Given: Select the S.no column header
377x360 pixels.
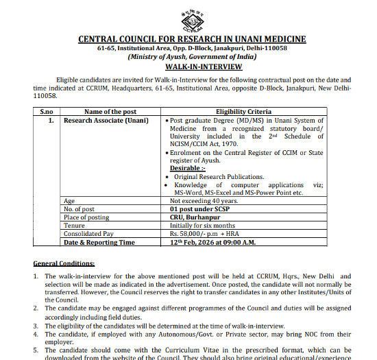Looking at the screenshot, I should [x=46, y=111].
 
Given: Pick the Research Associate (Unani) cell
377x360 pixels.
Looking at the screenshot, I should [x=100, y=120].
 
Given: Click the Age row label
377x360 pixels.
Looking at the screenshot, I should [x=69, y=201].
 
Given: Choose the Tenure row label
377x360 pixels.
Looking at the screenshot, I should [x=74, y=224].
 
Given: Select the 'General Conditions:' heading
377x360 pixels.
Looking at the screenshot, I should [x=64, y=263].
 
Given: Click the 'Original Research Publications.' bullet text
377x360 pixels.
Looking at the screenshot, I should [x=219, y=176].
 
